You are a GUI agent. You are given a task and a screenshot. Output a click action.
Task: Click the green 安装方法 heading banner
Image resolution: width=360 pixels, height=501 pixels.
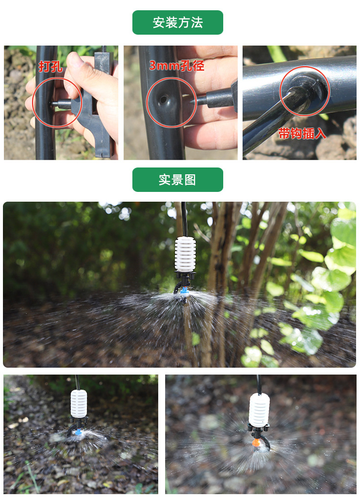coord(177,22)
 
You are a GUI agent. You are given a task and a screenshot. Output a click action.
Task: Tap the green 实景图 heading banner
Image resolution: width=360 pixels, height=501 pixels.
coord(177,180)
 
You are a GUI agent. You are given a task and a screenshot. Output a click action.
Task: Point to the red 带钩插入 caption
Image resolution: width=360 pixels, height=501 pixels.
coord(302,133)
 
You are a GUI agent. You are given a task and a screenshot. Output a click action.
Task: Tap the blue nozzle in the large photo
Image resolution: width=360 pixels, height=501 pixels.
coord(184,292)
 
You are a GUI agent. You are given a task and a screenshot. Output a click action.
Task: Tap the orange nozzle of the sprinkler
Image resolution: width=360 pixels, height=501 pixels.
coord(254,443)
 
